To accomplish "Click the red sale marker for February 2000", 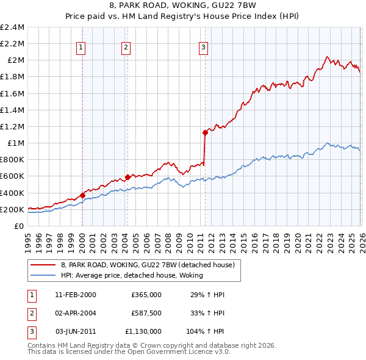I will (82, 195).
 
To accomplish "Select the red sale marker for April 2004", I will (127, 177).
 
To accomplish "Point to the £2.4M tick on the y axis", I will (12, 27).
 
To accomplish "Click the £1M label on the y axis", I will (15, 143).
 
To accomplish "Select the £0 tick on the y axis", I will (20, 226).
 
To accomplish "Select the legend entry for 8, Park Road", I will (151, 265).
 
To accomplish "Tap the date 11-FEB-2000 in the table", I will (76, 295).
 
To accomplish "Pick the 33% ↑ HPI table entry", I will (208, 312).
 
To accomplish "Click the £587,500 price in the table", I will (146, 312).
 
